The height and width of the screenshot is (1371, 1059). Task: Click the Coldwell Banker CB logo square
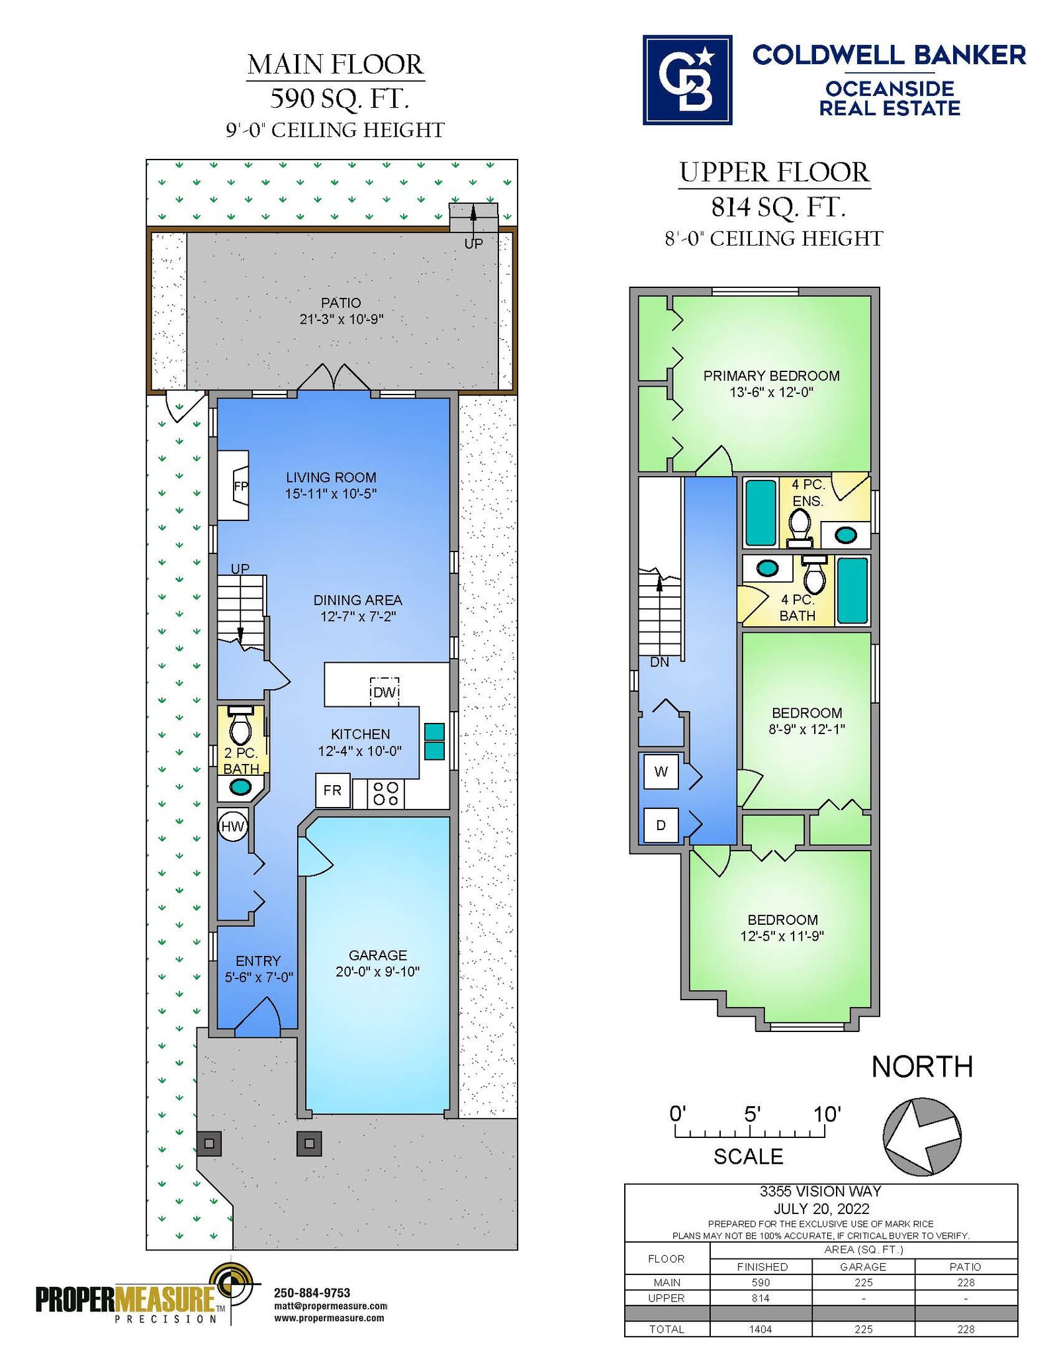coord(687,79)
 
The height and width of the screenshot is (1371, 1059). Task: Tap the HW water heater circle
coord(232,826)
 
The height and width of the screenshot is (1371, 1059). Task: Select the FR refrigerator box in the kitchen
coord(333,790)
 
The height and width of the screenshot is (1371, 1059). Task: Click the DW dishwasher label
coord(385,692)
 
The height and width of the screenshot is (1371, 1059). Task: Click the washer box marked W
coord(661,771)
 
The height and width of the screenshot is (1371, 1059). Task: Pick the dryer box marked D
coord(661,825)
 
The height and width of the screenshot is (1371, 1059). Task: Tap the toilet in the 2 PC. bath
coord(240,726)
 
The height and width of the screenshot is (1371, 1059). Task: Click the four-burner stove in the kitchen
coord(386,793)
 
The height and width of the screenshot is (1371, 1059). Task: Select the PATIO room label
coord(341,303)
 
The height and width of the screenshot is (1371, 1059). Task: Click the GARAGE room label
coord(378,955)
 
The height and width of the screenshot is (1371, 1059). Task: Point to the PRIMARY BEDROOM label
coord(772,375)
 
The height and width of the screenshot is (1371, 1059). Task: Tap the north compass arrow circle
coord(922,1137)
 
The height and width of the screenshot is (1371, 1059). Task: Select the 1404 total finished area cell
coord(760,1329)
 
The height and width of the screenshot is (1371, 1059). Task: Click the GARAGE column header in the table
coord(863,1266)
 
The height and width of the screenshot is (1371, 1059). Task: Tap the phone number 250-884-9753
coord(312,1292)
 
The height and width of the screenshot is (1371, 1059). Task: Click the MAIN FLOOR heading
coord(336,65)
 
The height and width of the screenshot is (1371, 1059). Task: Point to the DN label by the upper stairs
coord(659,662)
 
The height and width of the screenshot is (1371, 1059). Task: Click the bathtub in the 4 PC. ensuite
coord(760,513)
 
